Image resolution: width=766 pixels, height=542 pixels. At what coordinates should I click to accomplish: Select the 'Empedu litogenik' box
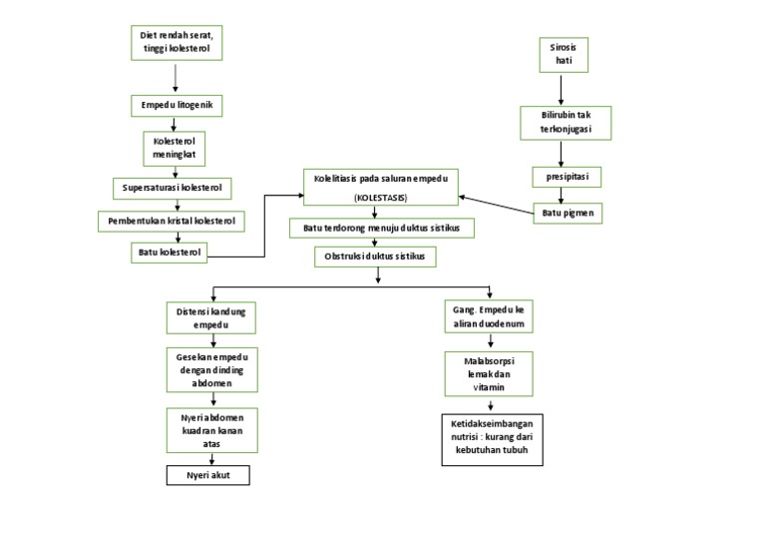click(175, 105)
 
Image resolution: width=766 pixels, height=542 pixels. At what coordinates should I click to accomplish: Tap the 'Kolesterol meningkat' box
click(175, 148)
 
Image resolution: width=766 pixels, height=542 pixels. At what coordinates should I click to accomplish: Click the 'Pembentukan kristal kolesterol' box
click(175, 220)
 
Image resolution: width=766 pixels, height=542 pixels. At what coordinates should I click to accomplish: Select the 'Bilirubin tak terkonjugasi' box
click(564, 123)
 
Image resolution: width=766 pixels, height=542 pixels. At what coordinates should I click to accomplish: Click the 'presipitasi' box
click(564, 178)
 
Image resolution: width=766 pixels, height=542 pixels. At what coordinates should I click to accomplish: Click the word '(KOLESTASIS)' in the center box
click(379, 198)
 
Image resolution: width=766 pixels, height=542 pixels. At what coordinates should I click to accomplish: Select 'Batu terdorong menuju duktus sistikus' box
click(381, 229)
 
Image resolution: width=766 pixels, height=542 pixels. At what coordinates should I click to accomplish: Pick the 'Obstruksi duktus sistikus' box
click(374, 257)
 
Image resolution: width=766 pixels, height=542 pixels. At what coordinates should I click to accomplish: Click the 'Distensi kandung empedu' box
click(210, 316)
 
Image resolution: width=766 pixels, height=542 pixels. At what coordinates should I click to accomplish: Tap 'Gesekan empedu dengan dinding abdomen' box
click(210, 371)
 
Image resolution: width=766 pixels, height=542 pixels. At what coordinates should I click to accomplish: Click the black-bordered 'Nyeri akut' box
click(206, 476)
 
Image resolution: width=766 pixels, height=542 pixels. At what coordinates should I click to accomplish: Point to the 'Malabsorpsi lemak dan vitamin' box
click(489, 371)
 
